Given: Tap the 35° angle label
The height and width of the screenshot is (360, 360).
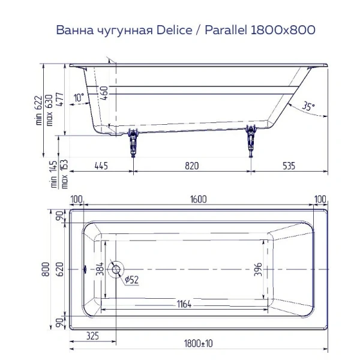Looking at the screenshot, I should point(308,106).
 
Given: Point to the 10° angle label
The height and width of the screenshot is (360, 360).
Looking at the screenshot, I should point(79,98).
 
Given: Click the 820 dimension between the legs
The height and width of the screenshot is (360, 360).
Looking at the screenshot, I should point(191,166).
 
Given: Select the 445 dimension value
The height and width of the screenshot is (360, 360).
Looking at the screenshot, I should point(101,166).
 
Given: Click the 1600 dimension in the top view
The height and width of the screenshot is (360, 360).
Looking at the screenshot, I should point(197,200).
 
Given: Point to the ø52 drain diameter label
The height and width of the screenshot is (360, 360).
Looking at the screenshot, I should point(131,279).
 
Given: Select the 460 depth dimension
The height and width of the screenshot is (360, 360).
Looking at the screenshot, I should point(104,93).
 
